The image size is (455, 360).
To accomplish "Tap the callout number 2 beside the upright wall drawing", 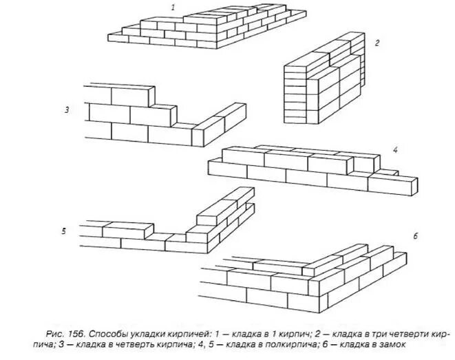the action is click(x=377, y=43).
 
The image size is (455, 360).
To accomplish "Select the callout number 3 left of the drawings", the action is click(x=67, y=109).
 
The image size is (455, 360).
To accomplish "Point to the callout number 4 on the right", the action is click(x=396, y=149).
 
